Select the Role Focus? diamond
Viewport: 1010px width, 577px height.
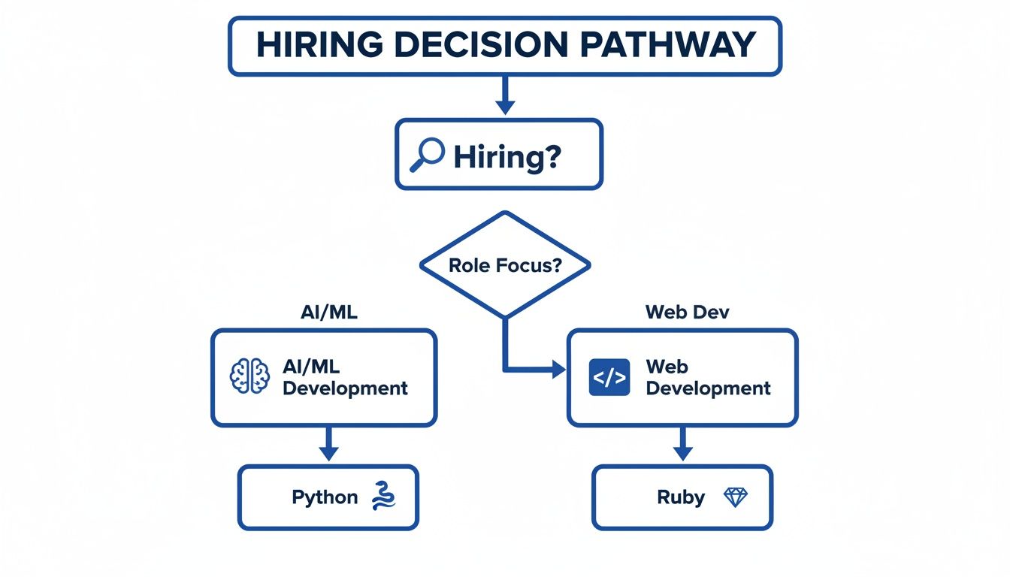[505, 264]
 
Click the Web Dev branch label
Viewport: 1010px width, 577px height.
[687, 313]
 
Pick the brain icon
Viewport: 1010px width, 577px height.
[249, 376]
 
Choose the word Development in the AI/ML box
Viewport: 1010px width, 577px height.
[345, 388]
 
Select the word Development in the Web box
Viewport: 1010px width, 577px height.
[708, 388]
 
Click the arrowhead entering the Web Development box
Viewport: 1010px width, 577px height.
[558, 368]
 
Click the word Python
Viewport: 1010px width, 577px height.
[325, 497]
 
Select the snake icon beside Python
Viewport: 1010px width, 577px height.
[383, 497]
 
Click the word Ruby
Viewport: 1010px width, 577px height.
[681, 497]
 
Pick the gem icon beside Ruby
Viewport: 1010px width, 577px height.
[735, 497]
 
